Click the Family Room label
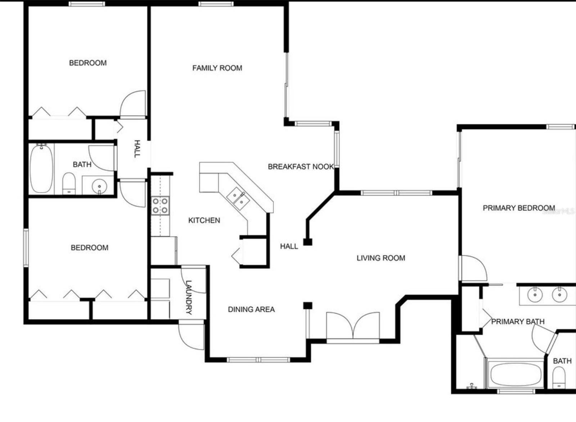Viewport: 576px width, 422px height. (x=217, y=68)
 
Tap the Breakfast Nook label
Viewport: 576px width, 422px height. (x=301, y=166)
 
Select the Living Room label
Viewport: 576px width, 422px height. (x=381, y=258)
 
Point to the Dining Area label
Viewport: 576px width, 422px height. (x=251, y=309)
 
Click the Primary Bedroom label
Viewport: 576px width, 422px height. (x=518, y=208)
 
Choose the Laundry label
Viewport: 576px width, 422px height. (x=188, y=298)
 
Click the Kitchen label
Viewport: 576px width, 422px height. (x=204, y=220)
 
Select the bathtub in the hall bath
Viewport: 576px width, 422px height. (x=41, y=169)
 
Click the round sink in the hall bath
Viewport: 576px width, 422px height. (x=99, y=186)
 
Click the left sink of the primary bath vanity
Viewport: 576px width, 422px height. (x=535, y=295)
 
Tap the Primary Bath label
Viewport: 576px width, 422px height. (x=518, y=321)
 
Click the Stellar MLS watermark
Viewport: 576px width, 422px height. (x=558, y=212)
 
